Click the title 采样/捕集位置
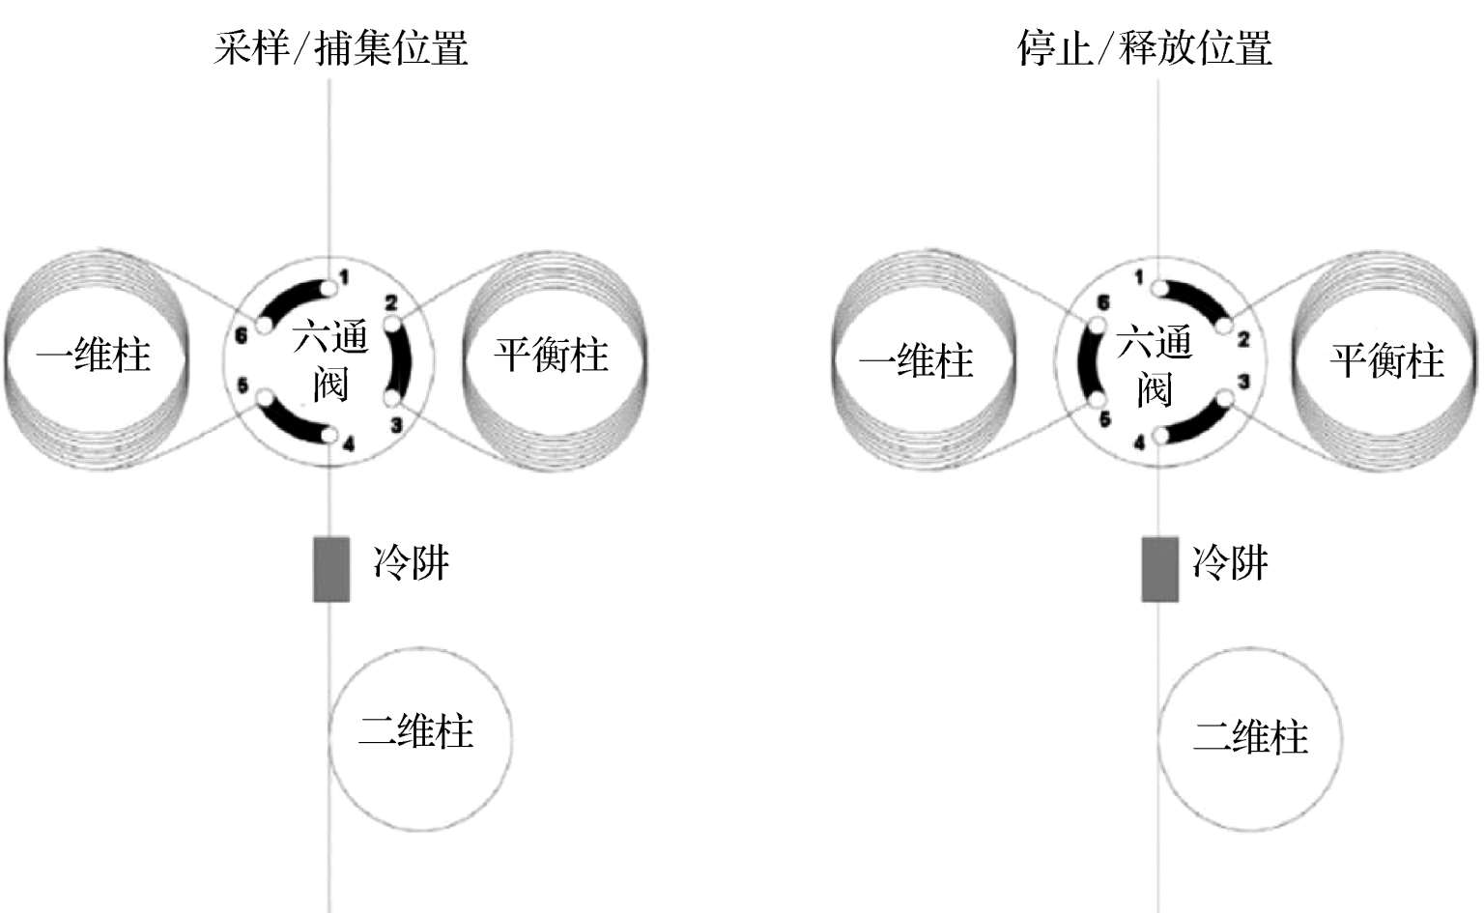point(341,47)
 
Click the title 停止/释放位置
point(1145,47)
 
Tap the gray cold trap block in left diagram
point(330,569)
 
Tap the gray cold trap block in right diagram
point(1159,569)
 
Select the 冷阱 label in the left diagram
point(412,562)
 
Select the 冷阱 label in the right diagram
point(1230,562)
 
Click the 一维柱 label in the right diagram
point(916,361)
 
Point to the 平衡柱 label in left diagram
point(552,355)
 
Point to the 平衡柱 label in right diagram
point(1387,361)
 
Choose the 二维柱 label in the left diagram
point(416,731)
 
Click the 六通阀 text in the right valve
point(1155,366)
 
